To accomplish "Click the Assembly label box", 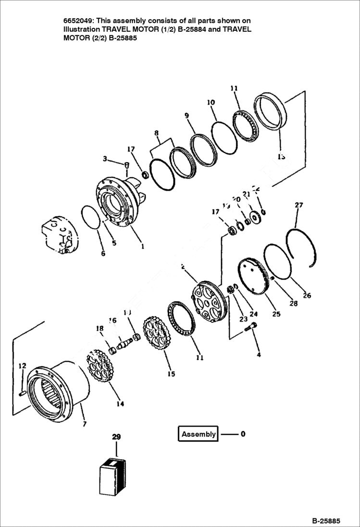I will coord(198,434).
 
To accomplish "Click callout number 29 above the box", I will coord(116,437).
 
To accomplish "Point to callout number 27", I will coord(298,205).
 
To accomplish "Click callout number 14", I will coord(120,404).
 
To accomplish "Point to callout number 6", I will coord(103,254).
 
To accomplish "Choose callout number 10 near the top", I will coord(211,102).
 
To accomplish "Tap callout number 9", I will coord(186,116).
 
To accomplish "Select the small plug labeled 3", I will coord(126,166).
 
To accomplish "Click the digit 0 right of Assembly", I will coord(243,434).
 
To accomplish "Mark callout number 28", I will coord(293,303).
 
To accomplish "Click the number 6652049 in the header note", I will coord(78,21).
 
